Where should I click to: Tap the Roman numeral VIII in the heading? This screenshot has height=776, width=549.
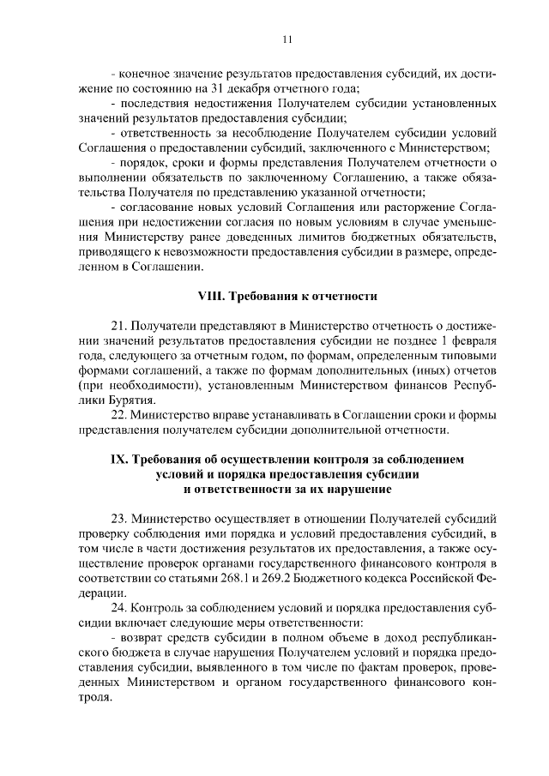pyautogui.click(x=211, y=298)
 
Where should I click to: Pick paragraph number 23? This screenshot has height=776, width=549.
pyautogui.click(x=120, y=520)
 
